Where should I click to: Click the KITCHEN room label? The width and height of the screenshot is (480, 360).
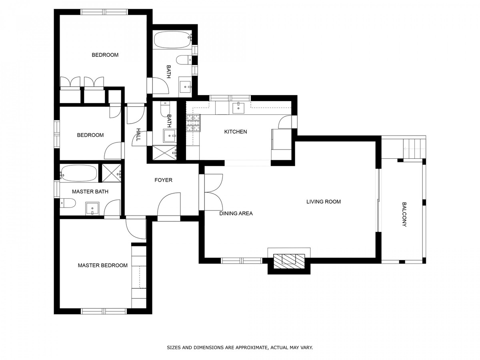[x=236, y=132]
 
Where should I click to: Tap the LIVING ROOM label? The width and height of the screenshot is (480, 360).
[x=324, y=202]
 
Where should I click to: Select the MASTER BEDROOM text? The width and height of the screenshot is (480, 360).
[x=102, y=265]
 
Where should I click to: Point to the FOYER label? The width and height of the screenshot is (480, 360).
[x=163, y=180]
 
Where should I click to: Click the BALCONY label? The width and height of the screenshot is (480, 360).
[x=404, y=214]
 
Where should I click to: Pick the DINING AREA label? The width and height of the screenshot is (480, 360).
[x=236, y=213]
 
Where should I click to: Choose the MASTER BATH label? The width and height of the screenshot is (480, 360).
[x=90, y=192]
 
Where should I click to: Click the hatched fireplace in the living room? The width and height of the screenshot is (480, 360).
[x=289, y=261]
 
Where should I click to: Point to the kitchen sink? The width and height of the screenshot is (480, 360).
[x=238, y=108]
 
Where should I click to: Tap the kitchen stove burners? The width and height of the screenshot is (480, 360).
[x=193, y=123]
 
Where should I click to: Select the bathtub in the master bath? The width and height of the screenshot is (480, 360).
[x=79, y=173]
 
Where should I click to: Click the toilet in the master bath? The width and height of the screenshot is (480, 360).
[x=68, y=203]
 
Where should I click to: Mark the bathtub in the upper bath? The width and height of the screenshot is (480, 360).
[x=172, y=39]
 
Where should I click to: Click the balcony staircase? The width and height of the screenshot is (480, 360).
[x=414, y=149]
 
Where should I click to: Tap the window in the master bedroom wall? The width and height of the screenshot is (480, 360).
[x=104, y=311]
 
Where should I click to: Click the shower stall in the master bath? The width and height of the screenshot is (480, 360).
[x=112, y=173]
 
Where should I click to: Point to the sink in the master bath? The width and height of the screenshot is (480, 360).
[x=92, y=208]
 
